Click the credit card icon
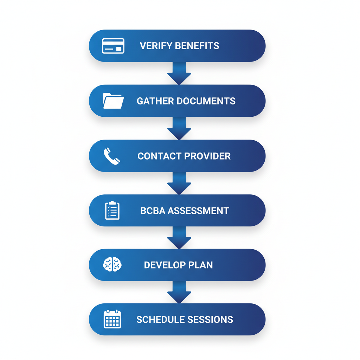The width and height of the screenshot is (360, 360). pyautogui.click(x=113, y=46)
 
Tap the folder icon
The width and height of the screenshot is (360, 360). pyautogui.click(x=113, y=101)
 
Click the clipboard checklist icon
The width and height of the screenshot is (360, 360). pyautogui.click(x=112, y=211)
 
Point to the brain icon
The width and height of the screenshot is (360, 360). pyautogui.click(x=112, y=265)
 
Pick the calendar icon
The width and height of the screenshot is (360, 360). pyautogui.click(x=112, y=319)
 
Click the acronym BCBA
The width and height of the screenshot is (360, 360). pyautogui.click(x=153, y=211)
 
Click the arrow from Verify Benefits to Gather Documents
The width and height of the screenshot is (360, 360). pyautogui.click(x=179, y=73)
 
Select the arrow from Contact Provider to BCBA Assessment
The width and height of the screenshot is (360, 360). pyautogui.click(x=179, y=183)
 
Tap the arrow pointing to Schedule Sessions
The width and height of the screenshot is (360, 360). pyautogui.click(x=179, y=292)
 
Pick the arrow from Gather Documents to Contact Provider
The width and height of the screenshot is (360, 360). pyautogui.click(x=179, y=128)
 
